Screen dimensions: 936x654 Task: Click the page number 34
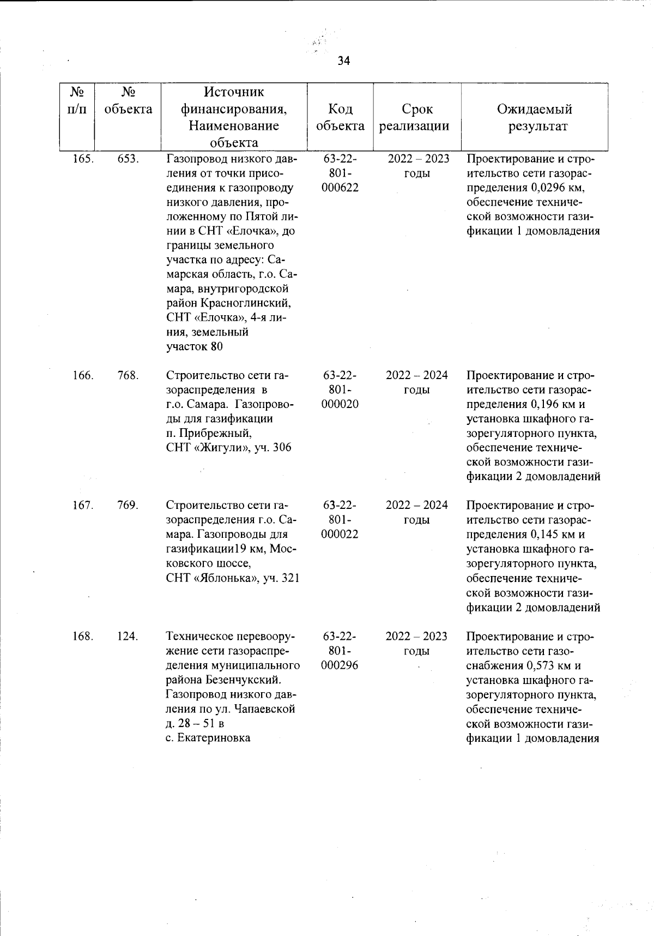[343, 61]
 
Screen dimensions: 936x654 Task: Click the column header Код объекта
[340, 117]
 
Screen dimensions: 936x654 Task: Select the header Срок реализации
[417, 117]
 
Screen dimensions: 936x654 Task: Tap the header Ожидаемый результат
[535, 117]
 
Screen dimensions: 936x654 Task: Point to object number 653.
[128, 159]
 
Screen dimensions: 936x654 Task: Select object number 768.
[128, 375]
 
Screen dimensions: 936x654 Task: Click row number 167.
[83, 505]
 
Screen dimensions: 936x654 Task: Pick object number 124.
[128, 637]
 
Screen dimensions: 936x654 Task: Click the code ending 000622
[340, 187]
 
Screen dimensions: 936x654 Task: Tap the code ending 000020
[340, 404]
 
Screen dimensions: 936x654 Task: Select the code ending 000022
[340, 534]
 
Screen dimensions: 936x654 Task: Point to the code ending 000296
[340, 665]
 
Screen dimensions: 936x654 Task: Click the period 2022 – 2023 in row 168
[417, 637]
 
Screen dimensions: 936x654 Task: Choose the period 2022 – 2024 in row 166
[417, 375]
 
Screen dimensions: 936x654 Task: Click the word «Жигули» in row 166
[222, 448]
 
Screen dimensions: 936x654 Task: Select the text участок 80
[195, 346]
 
